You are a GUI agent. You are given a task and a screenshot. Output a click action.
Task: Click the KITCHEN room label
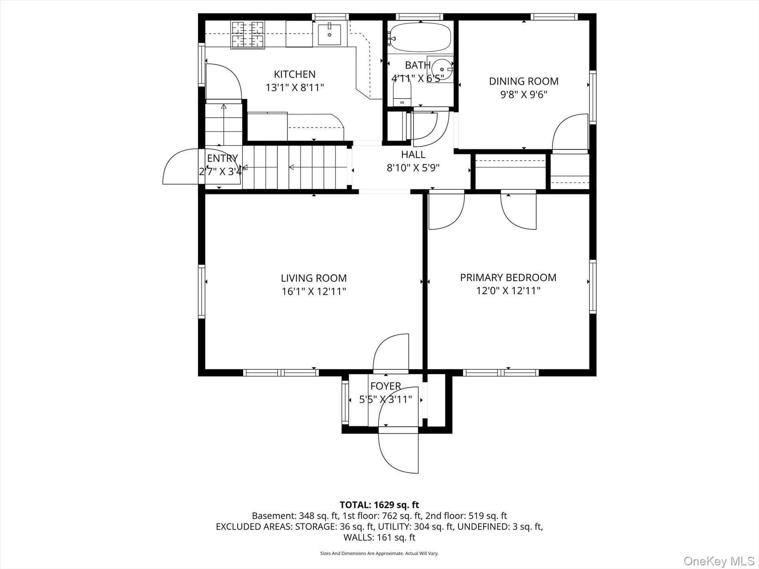(x=294, y=74)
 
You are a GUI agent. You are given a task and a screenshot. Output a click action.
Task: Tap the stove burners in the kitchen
(x=248, y=35)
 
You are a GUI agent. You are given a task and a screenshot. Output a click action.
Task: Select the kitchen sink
(x=330, y=35)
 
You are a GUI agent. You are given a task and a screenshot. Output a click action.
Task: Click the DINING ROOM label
(x=524, y=81)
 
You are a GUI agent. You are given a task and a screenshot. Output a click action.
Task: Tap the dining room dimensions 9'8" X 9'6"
(x=524, y=95)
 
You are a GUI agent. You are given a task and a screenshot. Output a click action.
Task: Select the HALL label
(x=413, y=154)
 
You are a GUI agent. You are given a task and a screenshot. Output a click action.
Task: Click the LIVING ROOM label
(x=314, y=278)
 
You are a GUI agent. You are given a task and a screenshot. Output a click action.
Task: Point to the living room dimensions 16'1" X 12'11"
(x=314, y=291)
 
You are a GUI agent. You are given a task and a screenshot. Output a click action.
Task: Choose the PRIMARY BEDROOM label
(x=508, y=278)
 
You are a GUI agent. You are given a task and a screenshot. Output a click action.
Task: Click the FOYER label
(x=385, y=386)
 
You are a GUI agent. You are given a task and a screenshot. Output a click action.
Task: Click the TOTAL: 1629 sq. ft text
(x=379, y=505)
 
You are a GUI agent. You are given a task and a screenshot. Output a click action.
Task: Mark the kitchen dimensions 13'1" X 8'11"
(x=294, y=87)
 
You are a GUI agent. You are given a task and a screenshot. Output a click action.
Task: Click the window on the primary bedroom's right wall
(x=593, y=286)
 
